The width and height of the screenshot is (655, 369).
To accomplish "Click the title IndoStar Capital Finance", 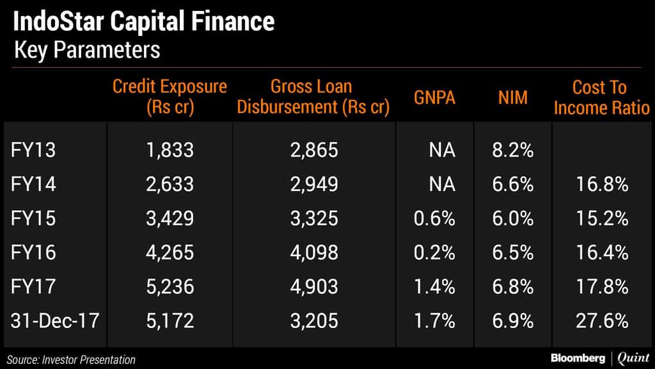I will [143, 22].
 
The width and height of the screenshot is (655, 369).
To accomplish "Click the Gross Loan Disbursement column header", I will [313, 97].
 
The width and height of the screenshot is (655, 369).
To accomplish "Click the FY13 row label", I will [33, 151].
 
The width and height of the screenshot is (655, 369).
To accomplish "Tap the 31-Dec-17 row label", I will [55, 320].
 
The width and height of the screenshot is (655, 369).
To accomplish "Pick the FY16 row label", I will [33, 252].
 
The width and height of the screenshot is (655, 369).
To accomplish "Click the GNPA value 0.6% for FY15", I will [434, 218].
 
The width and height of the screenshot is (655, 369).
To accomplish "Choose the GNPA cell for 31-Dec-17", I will [434, 320].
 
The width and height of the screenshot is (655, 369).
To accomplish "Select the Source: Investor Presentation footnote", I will [72, 359].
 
